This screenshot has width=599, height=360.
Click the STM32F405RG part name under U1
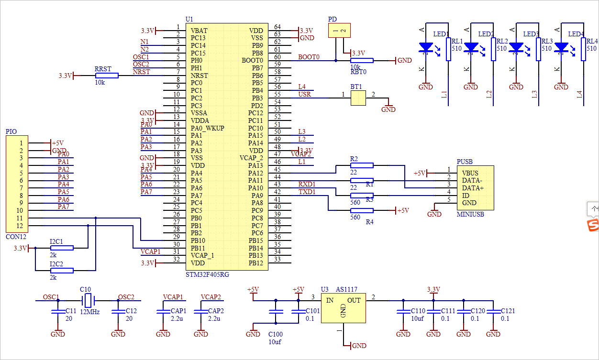[207, 275]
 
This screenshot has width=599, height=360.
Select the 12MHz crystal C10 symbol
[88, 301]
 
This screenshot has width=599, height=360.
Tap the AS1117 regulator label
[346, 290]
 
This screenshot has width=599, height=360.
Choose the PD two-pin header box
[339, 31]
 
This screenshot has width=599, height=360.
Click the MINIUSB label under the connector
[470, 215]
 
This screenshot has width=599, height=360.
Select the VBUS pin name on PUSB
[470, 173]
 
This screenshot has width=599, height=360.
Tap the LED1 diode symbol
[425, 47]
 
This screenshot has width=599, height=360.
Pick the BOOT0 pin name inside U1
[252, 61]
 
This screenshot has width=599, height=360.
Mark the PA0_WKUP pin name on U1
[207, 128]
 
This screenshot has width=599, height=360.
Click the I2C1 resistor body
[62, 248]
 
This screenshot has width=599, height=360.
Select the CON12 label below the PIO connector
[16, 237]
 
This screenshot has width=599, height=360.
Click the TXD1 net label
[307, 192]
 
